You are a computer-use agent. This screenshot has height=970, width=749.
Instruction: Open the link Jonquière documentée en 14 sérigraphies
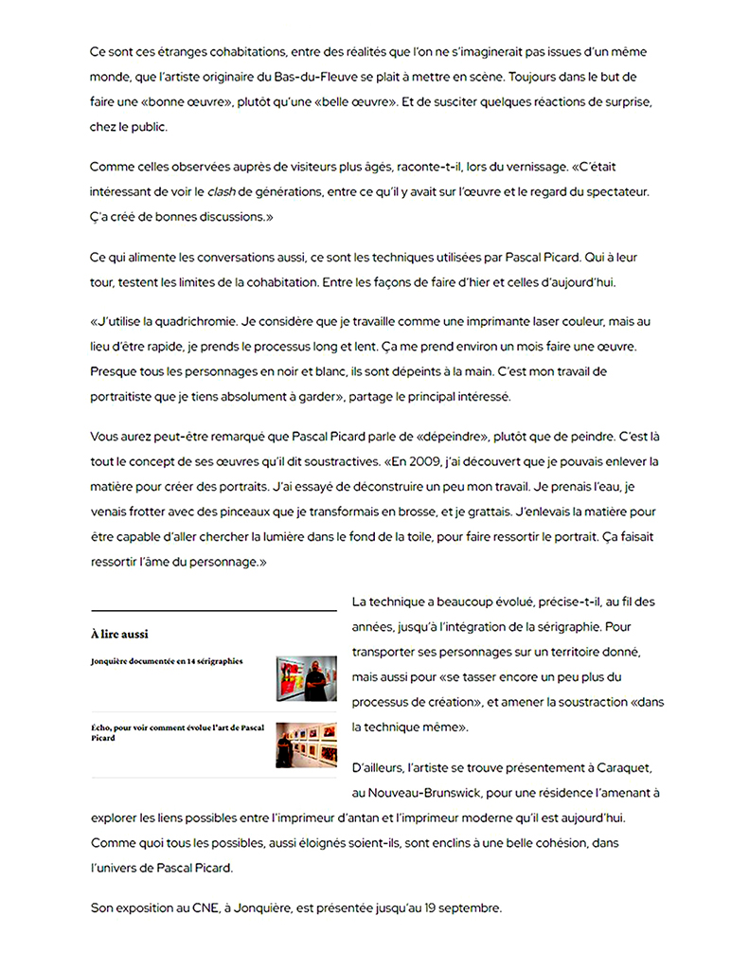[x=167, y=660]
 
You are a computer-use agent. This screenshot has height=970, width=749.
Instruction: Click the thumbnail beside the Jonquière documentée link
[x=306, y=678]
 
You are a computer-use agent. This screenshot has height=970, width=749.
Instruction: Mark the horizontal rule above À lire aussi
[x=214, y=609]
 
